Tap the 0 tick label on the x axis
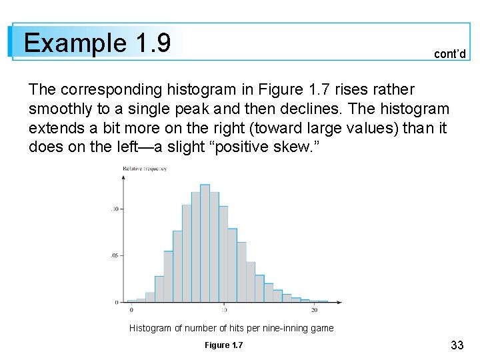click(131, 310)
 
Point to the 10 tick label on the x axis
click(224, 310)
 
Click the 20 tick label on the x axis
click(314, 310)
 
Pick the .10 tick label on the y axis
click(114, 209)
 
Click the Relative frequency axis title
click(144, 169)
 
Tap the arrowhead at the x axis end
click(339, 302)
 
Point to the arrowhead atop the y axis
click(122, 167)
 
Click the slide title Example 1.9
click(97, 43)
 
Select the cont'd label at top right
click(449, 54)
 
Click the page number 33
click(457, 345)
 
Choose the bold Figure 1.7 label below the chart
click(224, 345)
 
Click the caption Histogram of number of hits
click(231, 328)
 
